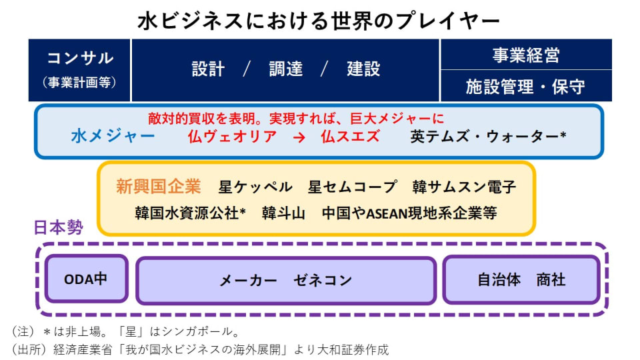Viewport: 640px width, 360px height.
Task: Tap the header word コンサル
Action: pos(80,58)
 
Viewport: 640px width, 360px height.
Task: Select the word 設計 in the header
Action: pos(208,69)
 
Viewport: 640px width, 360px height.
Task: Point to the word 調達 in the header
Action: pos(285,69)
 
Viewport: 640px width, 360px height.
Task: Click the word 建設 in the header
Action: pos(363,69)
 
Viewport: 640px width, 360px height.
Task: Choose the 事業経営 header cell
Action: pos(526,55)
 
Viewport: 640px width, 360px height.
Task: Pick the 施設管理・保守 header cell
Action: pos(526,86)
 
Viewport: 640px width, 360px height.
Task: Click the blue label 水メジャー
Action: pos(113,137)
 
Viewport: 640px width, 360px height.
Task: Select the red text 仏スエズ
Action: pos(350,137)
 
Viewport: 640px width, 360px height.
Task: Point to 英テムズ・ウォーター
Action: pos(488,137)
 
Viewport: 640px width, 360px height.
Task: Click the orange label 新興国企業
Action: pos(158,187)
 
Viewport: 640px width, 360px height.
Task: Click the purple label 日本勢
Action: pos(58,228)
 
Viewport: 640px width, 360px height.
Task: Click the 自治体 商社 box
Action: pos(521,280)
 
